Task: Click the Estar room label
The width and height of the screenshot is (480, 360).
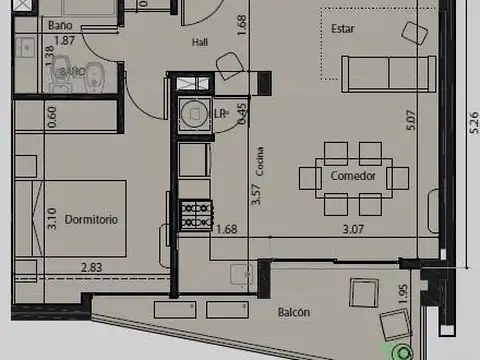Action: pos(344,29)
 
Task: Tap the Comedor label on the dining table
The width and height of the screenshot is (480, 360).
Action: pos(352,176)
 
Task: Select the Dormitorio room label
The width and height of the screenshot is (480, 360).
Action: pos(91,219)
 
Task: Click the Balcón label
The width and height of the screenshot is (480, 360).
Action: pos(293,312)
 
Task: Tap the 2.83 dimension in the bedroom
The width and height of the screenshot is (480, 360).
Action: pos(92,267)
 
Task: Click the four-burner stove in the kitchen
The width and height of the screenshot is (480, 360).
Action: pos(193,213)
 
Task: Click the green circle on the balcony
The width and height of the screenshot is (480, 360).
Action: pos(403,352)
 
